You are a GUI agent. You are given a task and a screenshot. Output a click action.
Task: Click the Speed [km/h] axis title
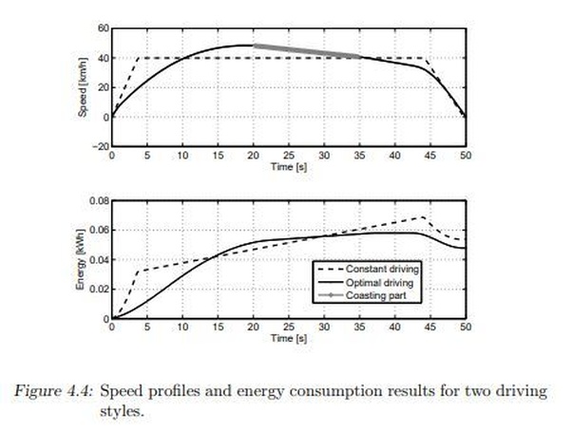point(83,87)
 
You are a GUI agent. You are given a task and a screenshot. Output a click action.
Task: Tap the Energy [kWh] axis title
point(83,259)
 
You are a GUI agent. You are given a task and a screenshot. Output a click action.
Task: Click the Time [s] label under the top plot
point(288,165)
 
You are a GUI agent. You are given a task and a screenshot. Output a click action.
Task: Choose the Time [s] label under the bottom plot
point(288,337)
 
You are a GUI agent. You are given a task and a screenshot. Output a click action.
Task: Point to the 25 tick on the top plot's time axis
point(289,156)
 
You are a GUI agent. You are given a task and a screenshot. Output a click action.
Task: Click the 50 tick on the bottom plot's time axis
point(465,327)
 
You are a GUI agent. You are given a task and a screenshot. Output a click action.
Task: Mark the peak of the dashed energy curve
point(422,217)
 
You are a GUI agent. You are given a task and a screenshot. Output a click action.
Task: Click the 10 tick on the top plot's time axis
point(182,156)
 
